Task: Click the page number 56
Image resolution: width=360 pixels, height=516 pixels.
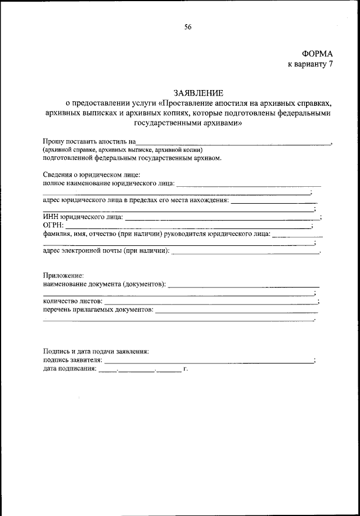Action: (188, 26)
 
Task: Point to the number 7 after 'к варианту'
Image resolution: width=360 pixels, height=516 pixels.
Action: (331, 64)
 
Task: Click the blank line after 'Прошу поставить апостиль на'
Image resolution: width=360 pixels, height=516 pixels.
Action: (233, 144)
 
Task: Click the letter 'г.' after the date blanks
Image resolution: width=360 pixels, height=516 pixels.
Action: (185, 370)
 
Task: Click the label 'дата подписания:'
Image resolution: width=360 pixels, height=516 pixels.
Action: (69, 370)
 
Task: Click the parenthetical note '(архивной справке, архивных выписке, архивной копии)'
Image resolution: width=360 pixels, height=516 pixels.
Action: (121, 150)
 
